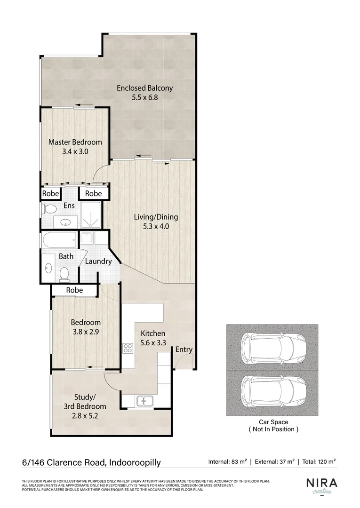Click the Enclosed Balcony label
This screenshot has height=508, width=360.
(x=144, y=88)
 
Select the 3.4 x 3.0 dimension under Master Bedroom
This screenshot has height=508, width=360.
(x=75, y=152)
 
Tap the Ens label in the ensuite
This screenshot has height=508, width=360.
(x=69, y=206)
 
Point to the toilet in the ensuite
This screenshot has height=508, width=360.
(x=48, y=208)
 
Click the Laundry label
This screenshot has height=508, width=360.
(x=98, y=262)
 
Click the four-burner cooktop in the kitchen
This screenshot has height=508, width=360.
(x=128, y=348)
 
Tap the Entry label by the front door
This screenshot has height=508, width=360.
(x=184, y=349)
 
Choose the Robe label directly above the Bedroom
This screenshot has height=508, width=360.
(x=74, y=290)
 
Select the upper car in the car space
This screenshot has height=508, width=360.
(x=272, y=347)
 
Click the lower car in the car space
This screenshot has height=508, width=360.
(x=272, y=391)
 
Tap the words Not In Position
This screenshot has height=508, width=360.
(x=273, y=429)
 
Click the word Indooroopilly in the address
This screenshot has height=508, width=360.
(x=135, y=462)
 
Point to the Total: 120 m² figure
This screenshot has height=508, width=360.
(x=319, y=462)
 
